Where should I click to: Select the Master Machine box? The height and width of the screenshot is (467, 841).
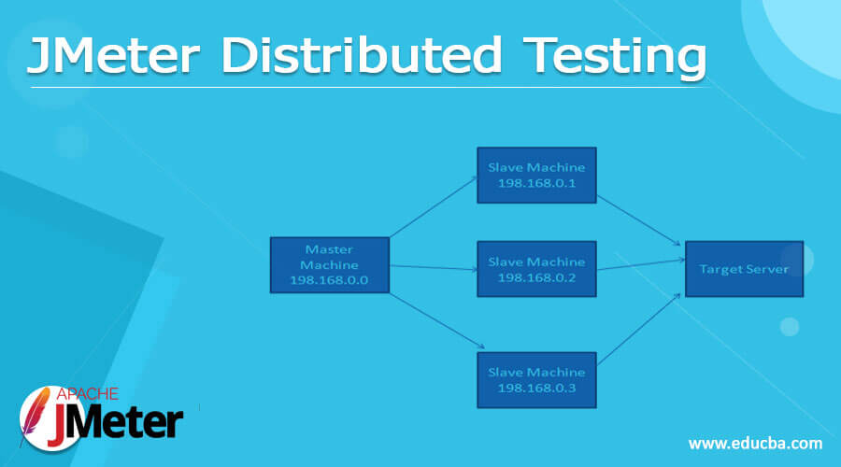329,265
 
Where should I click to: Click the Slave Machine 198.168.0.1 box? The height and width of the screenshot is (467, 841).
536,175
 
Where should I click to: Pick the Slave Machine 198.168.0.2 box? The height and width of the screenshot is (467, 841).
536,269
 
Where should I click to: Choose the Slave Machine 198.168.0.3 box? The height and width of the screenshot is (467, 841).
536,379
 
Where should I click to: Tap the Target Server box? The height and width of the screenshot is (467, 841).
744,269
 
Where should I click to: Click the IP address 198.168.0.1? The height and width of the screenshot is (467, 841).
536,183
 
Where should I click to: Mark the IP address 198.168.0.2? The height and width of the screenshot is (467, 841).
536,277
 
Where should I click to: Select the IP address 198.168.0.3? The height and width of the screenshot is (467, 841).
536,388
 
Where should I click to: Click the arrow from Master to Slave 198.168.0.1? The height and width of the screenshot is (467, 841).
433,205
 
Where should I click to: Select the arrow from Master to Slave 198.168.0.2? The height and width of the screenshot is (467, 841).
433,267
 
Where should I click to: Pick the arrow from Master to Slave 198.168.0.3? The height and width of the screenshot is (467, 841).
433,324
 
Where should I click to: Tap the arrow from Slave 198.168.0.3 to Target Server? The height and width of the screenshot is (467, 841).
640,329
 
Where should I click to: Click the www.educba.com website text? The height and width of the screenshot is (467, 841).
755,443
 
